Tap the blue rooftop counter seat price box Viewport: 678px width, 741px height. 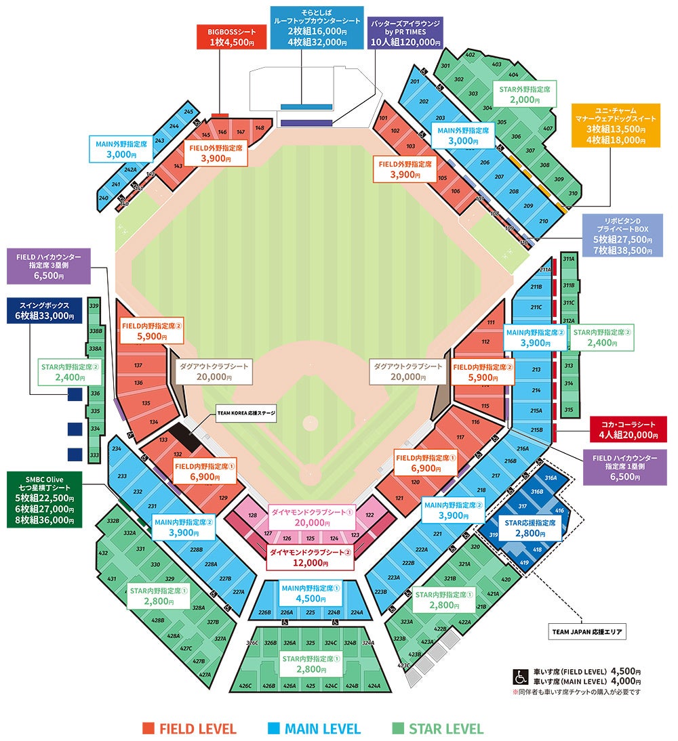click(x=315, y=27)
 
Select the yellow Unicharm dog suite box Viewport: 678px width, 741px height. click(x=615, y=125)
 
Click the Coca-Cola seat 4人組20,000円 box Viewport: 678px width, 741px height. click(x=629, y=429)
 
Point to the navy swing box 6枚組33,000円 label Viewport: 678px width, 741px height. click(x=45, y=310)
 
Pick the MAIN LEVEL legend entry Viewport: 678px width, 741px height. click(x=313, y=729)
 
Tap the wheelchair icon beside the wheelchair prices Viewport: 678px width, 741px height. click(x=521, y=677)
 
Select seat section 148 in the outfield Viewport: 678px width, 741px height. click(x=260, y=128)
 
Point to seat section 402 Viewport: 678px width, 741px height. click(x=470, y=54)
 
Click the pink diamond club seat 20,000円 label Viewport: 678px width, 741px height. click(x=312, y=517)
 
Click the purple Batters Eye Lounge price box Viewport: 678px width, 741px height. click(x=405, y=33)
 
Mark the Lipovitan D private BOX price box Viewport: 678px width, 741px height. click(x=622, y=234)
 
